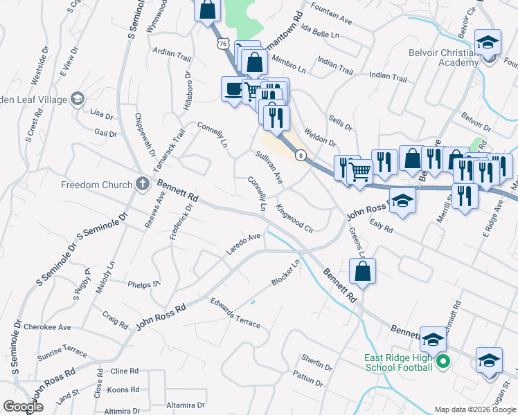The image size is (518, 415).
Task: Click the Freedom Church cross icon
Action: tap(143, 184)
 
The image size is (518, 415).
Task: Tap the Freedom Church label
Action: tap(96, 185)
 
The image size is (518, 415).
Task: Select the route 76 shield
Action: tap(222, 43)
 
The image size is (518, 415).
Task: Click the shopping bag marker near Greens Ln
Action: tap(362, 271)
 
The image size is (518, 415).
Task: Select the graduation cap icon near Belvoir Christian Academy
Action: tap(488, 42)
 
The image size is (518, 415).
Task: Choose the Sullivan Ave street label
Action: tap(269, 167)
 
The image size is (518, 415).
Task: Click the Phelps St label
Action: tap(144, 284)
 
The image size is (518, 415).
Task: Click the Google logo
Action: tap(23, 407)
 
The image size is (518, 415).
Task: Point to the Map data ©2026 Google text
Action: tap(474, 409)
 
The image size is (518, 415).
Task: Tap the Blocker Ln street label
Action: tap(287, 273)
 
